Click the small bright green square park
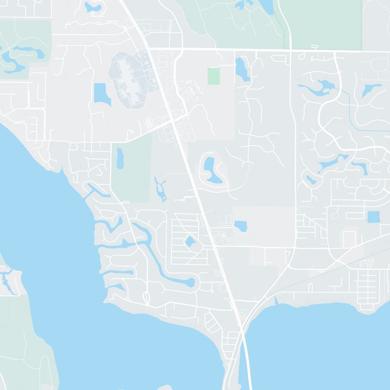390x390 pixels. pyautogui.click(x=214, y=76)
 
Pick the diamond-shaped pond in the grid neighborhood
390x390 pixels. pyautogui.click(x=189, y=241)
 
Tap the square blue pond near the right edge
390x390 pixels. pyautogui.click(x=373, y=217)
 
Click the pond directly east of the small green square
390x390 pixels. pyautogui.click(x=241, y=69)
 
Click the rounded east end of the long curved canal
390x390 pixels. pyautogui.click(x=190, y=282)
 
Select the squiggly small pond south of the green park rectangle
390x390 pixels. pyautogui.click(x=160, y=189)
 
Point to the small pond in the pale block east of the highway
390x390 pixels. pyautogui.click(x=240, y=226)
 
